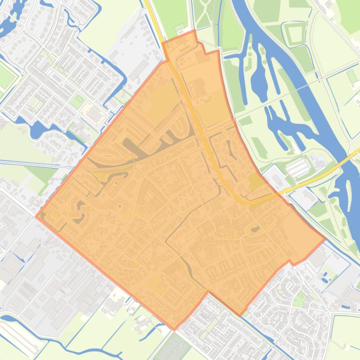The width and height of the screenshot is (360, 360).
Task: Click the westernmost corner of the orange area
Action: [36, 216]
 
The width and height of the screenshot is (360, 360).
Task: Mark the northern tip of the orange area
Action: [194, 31]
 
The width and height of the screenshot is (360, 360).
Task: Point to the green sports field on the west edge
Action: [6, 78]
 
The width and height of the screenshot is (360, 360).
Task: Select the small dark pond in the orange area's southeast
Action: [256, 229]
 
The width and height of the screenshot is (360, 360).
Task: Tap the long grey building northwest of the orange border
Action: [139, 70]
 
